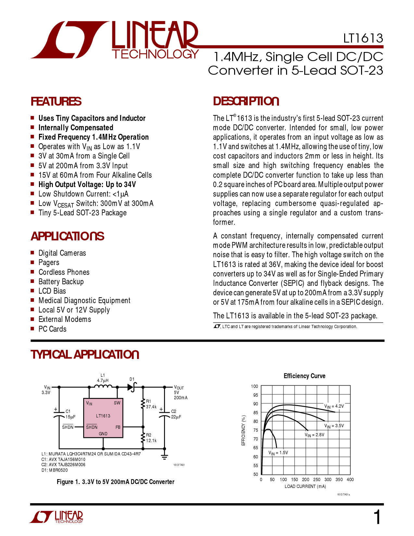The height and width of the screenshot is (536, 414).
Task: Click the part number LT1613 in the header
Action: click(x=363, y=39)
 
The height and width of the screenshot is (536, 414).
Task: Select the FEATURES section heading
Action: click(x=56, y=102)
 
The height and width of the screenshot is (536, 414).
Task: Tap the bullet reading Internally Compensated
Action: click(x=76, y=128)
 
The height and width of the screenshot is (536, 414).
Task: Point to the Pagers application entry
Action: click(x=49, y=262)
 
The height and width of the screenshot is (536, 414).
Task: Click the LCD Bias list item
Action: click(x=52, y=291)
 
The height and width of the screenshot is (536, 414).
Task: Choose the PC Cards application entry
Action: click(x=52, y=329)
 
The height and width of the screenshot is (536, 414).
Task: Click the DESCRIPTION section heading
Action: click(x=246, y=101)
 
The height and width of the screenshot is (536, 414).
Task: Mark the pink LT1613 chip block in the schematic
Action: click(x=103, y=418)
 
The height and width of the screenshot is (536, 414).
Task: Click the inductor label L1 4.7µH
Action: click(x=103, y=378)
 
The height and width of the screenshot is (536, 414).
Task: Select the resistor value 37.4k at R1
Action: click(x=151, y=407)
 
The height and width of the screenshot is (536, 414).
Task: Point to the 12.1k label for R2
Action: click(x=151, y=440)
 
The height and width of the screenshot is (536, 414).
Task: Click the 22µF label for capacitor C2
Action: click(x=176, y=417)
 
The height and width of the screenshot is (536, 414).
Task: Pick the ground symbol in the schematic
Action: click(x=164, y=456)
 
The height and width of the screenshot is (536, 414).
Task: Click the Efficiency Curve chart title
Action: click(x=304, y=376)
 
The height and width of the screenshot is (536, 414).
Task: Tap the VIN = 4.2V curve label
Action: click(x=334, y=406)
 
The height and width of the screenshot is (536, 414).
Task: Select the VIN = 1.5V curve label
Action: click(x=278, y=453)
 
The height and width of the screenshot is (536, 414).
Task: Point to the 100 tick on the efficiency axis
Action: click(x=255, y=386)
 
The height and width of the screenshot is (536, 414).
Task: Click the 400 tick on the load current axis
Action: click(x=350, y=479)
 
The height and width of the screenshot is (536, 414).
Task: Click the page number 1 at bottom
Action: click(x=377, y=517)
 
